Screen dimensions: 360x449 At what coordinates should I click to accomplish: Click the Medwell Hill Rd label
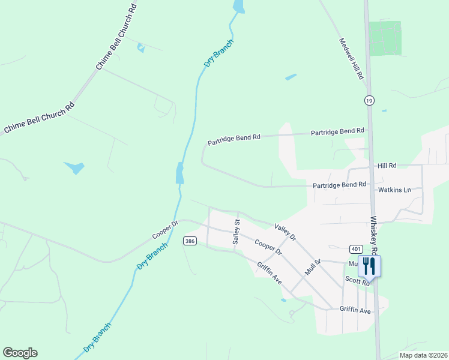[352, 59]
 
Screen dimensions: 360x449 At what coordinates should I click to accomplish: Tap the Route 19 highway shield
[369, 101]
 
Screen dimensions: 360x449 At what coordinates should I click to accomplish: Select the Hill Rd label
[387, 166]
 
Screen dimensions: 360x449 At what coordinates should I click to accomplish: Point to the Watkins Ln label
[394, 190]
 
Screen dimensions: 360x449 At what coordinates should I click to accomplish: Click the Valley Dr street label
[285, 232]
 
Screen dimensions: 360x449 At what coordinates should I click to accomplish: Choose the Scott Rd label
[357, 280]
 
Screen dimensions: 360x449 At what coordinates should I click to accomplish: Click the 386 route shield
[190, 241]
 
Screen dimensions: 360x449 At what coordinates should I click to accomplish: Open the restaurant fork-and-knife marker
[369, 265]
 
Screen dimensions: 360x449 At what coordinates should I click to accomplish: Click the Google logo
[20, 353]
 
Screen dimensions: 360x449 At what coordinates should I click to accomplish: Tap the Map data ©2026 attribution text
[423, 355]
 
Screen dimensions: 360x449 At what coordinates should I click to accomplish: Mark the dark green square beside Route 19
[385, 38]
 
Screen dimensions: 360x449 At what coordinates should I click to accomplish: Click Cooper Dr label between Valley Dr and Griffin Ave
[268, 248]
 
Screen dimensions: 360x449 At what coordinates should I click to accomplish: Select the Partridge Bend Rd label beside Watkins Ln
[339, 185]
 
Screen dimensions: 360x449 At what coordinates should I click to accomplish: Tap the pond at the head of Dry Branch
[239, 7]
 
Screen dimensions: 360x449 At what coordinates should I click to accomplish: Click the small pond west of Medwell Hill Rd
[291, 77]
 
